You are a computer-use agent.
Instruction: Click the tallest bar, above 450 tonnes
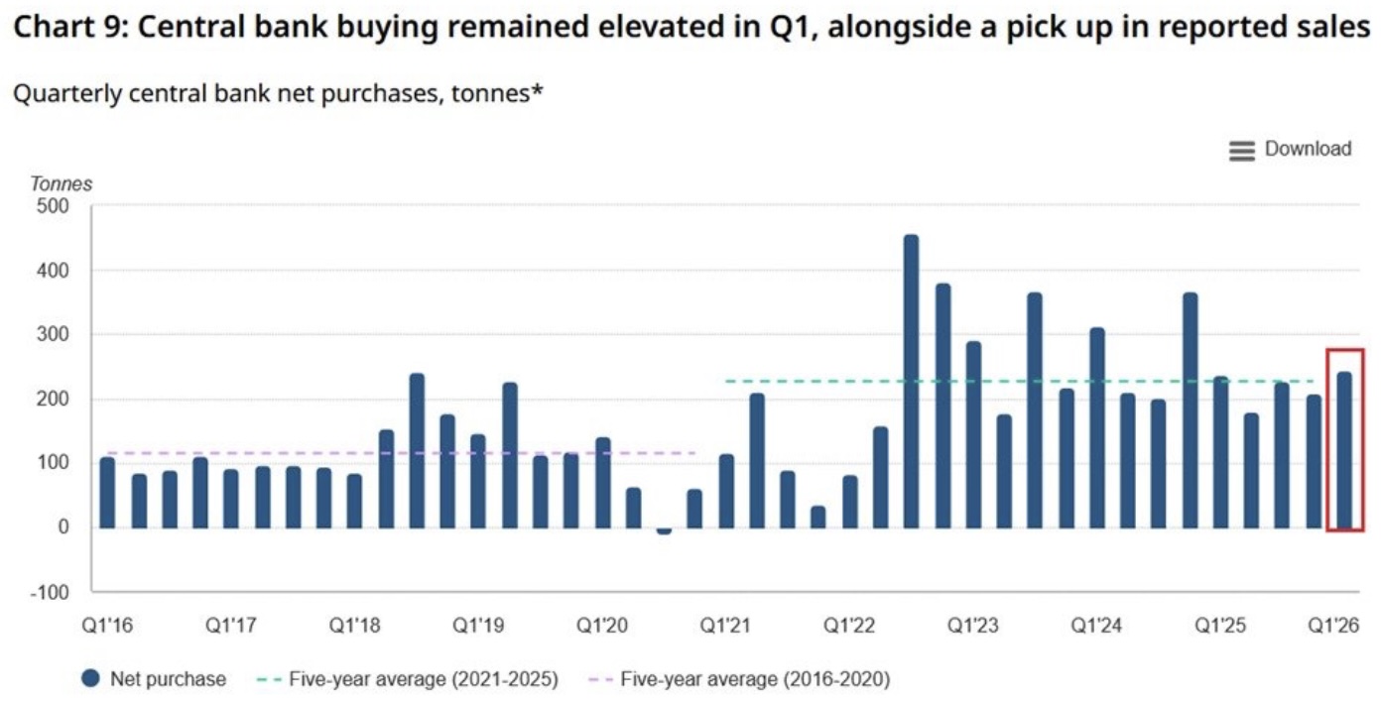pos(911,382)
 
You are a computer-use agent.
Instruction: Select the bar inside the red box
pos(1344,450)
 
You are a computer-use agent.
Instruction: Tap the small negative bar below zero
pos(664,531)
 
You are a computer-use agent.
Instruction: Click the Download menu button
pos(1291,149)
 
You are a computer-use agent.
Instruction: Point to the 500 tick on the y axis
pos(53,206)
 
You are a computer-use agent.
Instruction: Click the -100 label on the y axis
pos(50,592)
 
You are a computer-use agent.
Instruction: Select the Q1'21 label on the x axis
pos(725,626)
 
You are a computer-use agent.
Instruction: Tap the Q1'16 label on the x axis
pos(107,626)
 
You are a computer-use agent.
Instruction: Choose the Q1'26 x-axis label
pos(1333,626)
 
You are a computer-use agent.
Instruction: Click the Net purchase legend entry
pos(154,679)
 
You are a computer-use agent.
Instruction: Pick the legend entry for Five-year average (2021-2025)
pos(408,679)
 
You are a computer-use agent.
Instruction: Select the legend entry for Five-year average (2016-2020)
pos(740,679)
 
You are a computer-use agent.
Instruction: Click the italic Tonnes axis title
pos(62,183)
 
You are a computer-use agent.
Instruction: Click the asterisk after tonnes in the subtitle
pos(537,89)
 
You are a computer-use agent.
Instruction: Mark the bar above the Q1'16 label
pos(107,493)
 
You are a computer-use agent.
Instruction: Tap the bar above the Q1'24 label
pos(1097,427)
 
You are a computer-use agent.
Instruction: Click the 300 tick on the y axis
pos(53,335)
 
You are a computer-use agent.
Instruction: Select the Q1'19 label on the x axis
pos(478,626)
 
